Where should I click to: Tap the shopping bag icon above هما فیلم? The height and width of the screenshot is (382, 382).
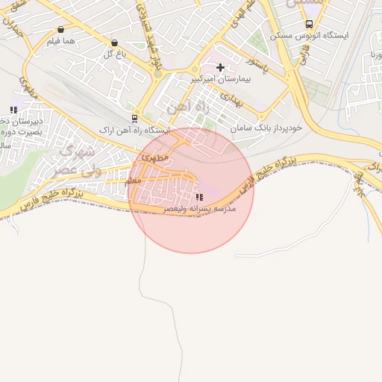[x=60, y=30]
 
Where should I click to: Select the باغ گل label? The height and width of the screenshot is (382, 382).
[x=113, y=54]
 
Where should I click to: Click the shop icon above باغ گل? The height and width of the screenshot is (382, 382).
[x=114, y=43]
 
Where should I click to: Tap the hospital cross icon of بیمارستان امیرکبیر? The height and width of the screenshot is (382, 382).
[x=220, y=67]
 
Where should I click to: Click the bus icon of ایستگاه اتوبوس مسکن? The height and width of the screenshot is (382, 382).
[x=310, y=24]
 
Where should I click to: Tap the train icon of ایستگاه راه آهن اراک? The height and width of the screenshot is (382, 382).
[x=134, y=118]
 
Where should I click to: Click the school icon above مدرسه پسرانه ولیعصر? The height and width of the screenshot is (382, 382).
[x=198, y=198]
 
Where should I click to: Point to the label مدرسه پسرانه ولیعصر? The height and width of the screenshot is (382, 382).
[x=199, y=210]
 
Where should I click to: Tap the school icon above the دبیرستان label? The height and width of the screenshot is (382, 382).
[x=13, y=110]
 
